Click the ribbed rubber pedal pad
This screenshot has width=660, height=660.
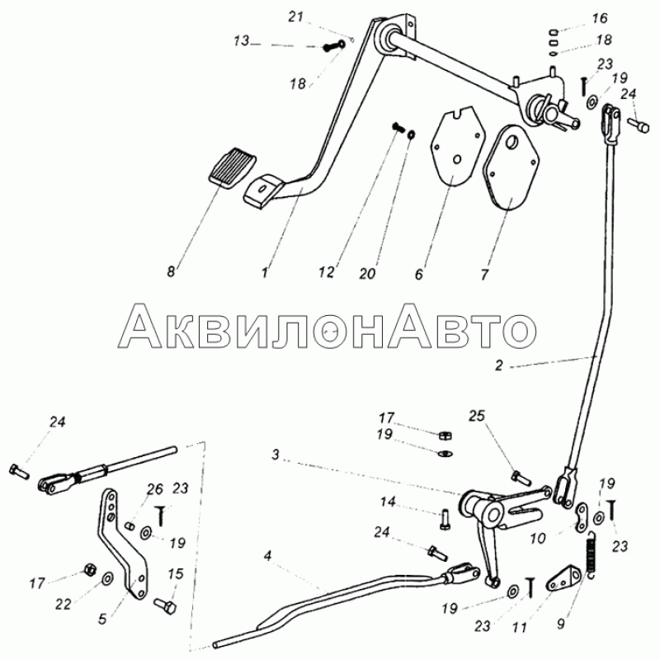(x=233, y=170)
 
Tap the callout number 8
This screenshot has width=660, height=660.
(x=171, y=271)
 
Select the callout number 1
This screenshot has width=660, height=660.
(x=264, y=273)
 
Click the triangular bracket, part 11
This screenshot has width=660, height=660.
(x=563, y=579)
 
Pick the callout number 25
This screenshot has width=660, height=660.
(x=477, y=416)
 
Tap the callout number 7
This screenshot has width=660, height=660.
(x=484, y=275)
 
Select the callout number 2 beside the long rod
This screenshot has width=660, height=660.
(x=499, y=365)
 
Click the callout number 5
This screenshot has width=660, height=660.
(x=102, y=619)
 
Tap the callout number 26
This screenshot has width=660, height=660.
(x=154, y=489)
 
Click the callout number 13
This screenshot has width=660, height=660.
(x=242, y=41)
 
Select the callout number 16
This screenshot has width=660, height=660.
(x=600, y=18)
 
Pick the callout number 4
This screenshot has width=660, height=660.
(x=268, y=556)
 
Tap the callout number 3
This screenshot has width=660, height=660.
(x=276, y=455)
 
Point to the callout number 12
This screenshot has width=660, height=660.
(x=326, y=272)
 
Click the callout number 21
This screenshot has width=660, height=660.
(x=295, y=17)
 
